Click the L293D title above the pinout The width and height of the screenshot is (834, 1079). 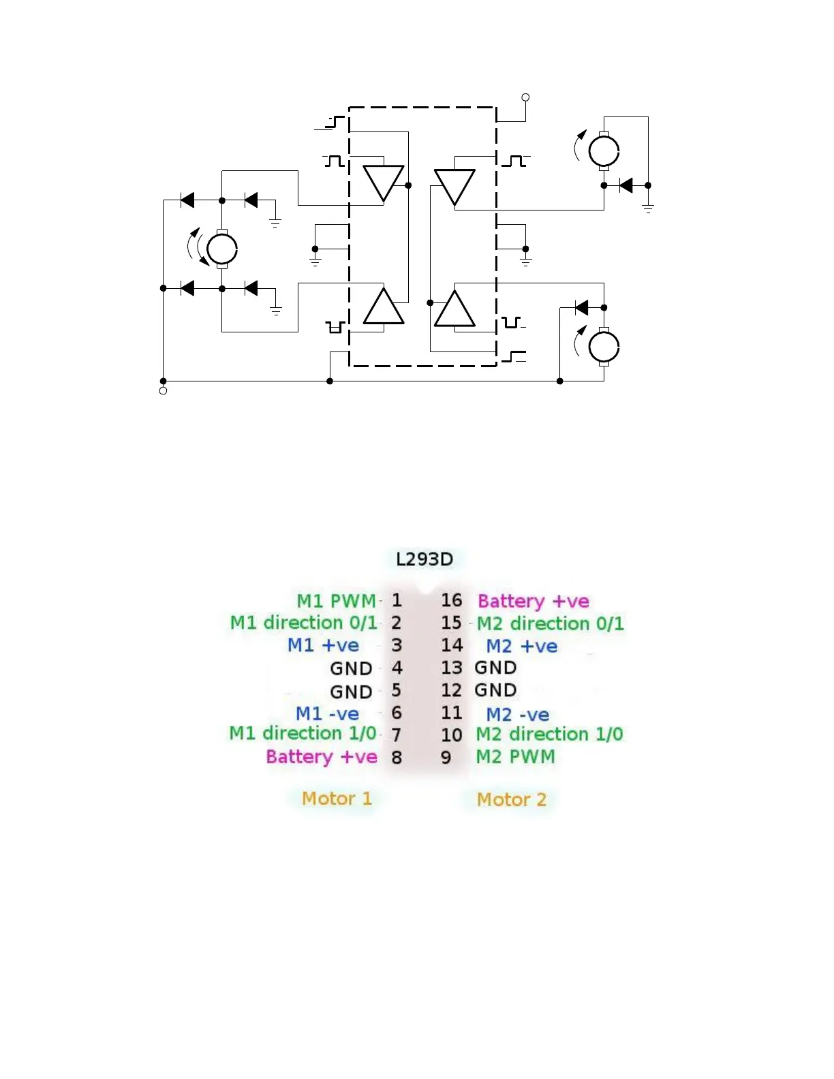[x=424, y=559]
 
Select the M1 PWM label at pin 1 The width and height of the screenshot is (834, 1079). [x=336, y=601]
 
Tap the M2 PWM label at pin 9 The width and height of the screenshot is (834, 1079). [x=515, y=757]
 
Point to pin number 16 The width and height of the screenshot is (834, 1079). [x=451, y=600]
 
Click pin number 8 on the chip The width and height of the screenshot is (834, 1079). [x=397, y=757]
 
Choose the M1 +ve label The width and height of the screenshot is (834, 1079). [x=323, y=645]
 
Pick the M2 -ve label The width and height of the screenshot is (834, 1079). [x=517, y=715]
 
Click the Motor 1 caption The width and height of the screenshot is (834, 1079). [x=337, y=798]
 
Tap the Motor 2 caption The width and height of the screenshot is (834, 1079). [x=511, y=799]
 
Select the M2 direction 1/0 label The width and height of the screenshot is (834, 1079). [x=549, y=734]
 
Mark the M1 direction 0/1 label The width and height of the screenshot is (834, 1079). [x=303, y=623]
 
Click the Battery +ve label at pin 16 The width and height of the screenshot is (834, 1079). [x=533, y=601]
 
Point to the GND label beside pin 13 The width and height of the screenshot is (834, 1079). [x=495, y=668]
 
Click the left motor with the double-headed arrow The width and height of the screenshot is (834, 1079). [x=221, y=249]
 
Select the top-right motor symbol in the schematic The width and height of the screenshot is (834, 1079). [x=604, y=151]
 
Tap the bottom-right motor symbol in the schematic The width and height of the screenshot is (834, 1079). [x=604, y=347]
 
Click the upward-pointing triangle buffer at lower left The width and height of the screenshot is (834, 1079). [x=384, y=308]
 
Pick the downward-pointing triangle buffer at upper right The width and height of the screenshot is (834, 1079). [x=454, y=185]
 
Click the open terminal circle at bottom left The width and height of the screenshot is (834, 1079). [x=163, y=391]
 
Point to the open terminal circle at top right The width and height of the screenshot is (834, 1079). [x=525, y=97]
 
